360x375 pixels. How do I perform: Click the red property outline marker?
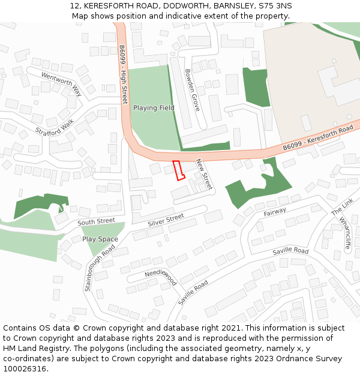tap(178, 170)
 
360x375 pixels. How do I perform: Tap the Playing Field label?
tap(154, 108)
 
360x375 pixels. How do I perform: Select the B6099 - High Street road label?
tap(123, 75)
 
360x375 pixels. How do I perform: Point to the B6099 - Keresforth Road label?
tap(318, 139)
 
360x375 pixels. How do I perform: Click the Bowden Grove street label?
tap(192, 90)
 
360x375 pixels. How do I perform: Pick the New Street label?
tap(205, 175)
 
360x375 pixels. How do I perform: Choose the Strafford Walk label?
tap(55, 127)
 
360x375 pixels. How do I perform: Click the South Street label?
tap(96, 221)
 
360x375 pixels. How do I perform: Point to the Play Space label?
tap(100, 239)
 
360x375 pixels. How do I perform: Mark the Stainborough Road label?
tap(100, 267)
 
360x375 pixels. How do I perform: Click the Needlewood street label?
tap(161, 277)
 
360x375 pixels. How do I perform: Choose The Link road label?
tap(343, 208)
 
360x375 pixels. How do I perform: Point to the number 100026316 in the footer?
tap(25, 369)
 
